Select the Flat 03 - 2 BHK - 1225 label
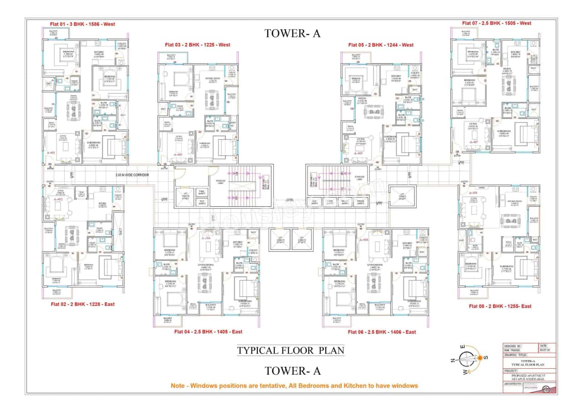198,45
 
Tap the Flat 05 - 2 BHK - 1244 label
381,45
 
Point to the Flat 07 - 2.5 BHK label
496,23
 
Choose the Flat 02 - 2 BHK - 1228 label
82,304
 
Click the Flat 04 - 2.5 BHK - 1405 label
208,332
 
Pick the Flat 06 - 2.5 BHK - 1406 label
382,332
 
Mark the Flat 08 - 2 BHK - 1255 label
500,306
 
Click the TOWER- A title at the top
291,33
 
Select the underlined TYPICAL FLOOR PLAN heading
291,351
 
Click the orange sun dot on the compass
479,359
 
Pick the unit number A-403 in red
178,155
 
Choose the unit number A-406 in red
363,239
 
